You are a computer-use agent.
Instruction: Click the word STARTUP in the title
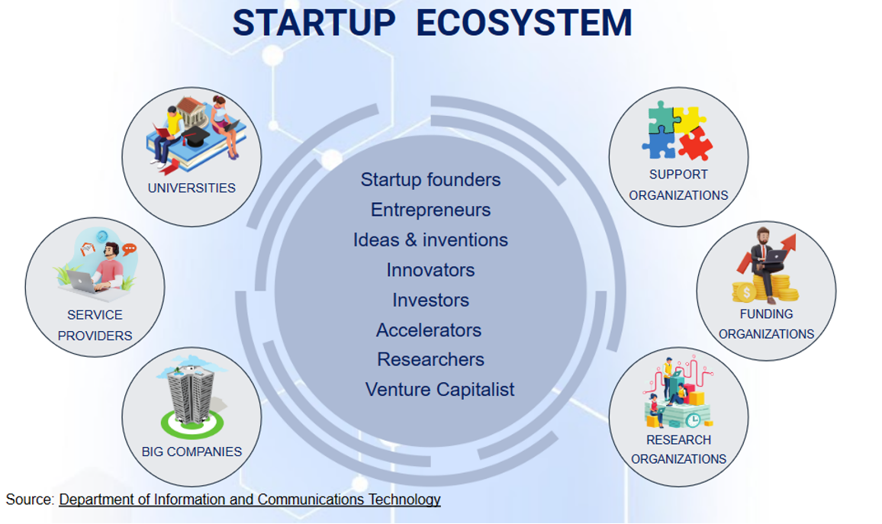[x=314, y=23]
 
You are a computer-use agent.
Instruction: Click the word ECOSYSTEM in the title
[x=524, y=23]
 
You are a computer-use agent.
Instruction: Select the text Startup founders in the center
[x=430, y=180]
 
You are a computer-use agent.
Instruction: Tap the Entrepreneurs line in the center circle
[x=430, y=211]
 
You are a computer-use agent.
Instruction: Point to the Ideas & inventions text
[x=430, y=240]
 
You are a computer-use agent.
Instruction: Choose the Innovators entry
[x=430, y=271]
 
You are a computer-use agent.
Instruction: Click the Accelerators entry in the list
[x=429, y=330]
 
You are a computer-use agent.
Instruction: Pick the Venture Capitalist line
[x=439, y=390]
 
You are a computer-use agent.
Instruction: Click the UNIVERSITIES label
[x=192, y=188]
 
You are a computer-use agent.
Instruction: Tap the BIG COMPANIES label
[x=192, y=452]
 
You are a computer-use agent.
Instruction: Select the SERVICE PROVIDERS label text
[x=95, y=325]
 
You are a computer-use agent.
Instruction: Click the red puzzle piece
[x=696, y=144]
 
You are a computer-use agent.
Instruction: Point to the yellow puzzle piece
[x=689, y=119]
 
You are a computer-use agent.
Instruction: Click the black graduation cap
[x=196, y=136]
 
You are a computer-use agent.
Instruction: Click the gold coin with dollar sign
[x=746, y=292]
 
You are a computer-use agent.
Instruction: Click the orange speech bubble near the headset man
[x=130, y=249]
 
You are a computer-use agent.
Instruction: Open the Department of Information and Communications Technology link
[x=249, y=500]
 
